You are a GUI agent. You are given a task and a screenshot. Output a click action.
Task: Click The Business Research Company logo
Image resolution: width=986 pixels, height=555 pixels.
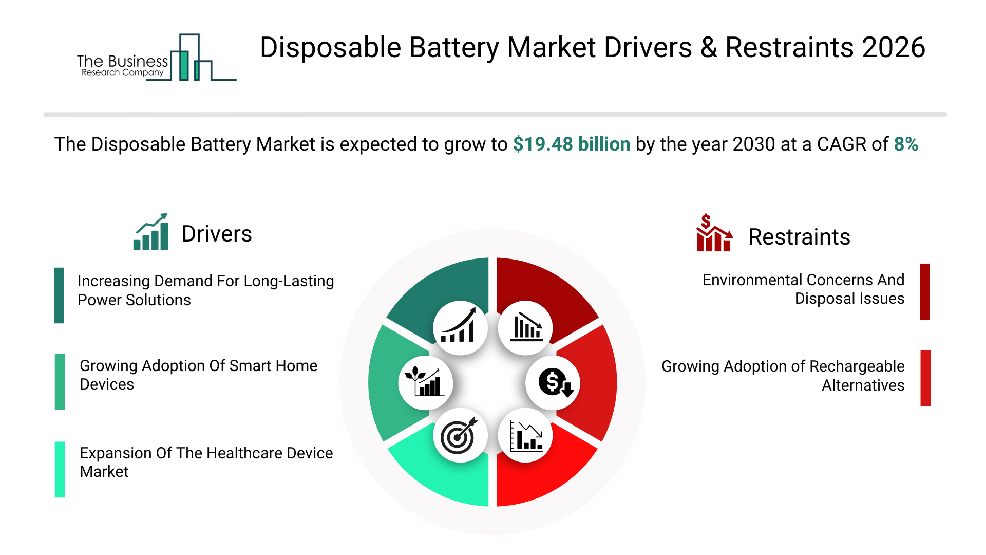pyautogui.click(x=157, y=58)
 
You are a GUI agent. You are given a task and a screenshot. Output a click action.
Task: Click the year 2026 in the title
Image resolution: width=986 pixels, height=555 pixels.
pyautogui.click(x=894, y=48)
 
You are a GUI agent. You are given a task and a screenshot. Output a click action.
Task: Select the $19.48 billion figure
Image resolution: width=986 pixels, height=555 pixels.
pyautogui.click(x=572, y=144)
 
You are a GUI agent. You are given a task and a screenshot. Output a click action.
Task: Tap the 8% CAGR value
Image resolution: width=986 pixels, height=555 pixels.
pyautogui.click(x=906, y=144)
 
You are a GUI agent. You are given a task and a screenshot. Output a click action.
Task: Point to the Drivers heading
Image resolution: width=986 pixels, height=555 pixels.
pyautogui.click(x=217, y=234)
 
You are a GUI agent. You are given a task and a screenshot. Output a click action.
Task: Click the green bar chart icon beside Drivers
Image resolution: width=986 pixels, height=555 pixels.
pyautogui.click(x=151, y=232)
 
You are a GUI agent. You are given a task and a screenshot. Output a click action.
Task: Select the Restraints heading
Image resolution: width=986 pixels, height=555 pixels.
pyautogui.click(x=799, y=237)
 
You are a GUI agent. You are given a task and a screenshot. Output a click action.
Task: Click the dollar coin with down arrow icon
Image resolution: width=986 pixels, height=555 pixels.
pyautogui.click(x=553, y=383)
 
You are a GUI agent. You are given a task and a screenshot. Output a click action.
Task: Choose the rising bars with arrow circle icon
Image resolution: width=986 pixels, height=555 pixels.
pyautogui.click(x=460, y=328)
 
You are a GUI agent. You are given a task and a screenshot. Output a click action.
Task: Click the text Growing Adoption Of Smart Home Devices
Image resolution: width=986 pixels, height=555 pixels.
pyautogui.click(x=199, y=375)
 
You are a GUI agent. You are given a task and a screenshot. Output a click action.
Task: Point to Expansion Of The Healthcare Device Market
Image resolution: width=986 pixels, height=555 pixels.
pyautogui.click(x=206, y=462)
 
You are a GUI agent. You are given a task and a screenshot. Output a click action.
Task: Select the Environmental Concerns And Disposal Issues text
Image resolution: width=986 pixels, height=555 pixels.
pyautogui.click(x=803, y=289)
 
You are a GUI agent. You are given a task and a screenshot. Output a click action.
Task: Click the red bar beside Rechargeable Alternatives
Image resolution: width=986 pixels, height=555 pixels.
pyautogui.click(x=925, y=378)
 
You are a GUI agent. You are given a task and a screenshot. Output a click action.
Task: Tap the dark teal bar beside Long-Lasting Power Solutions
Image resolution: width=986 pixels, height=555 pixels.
pyautogui.click(x=60, y=295)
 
